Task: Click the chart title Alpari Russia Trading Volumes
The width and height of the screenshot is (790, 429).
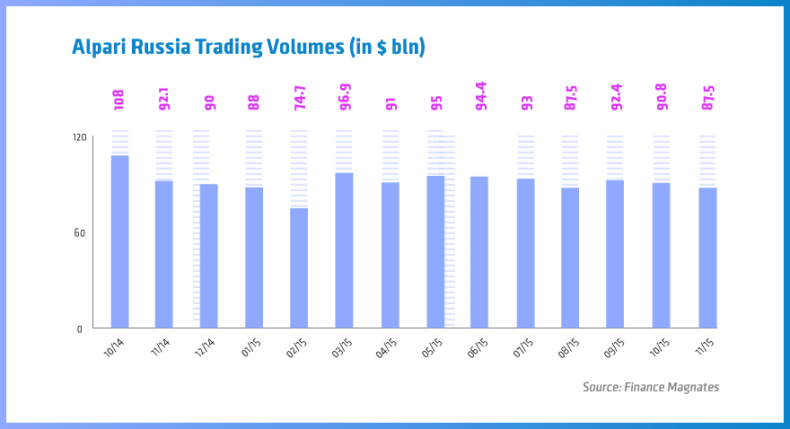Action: (249, 47)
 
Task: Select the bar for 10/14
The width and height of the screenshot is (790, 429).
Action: (119, 241)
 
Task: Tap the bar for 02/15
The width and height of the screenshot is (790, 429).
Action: (299, 267)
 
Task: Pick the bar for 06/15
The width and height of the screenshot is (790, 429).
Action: (479, 251)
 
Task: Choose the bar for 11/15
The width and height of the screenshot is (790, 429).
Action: (707, 257)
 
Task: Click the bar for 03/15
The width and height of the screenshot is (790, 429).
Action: (344, 250)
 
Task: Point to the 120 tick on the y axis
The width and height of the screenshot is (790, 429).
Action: (79, 137)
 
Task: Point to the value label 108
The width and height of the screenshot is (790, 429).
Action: (118, 100)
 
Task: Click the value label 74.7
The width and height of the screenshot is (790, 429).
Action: (300, 95)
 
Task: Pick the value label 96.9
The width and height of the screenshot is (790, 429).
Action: (345, 95)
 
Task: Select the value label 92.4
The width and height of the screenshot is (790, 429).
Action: (616, 95)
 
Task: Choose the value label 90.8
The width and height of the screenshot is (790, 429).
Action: (662, 95)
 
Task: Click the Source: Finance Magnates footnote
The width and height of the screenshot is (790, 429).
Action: (650, 387)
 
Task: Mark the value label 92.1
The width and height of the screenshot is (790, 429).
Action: (164, 96)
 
